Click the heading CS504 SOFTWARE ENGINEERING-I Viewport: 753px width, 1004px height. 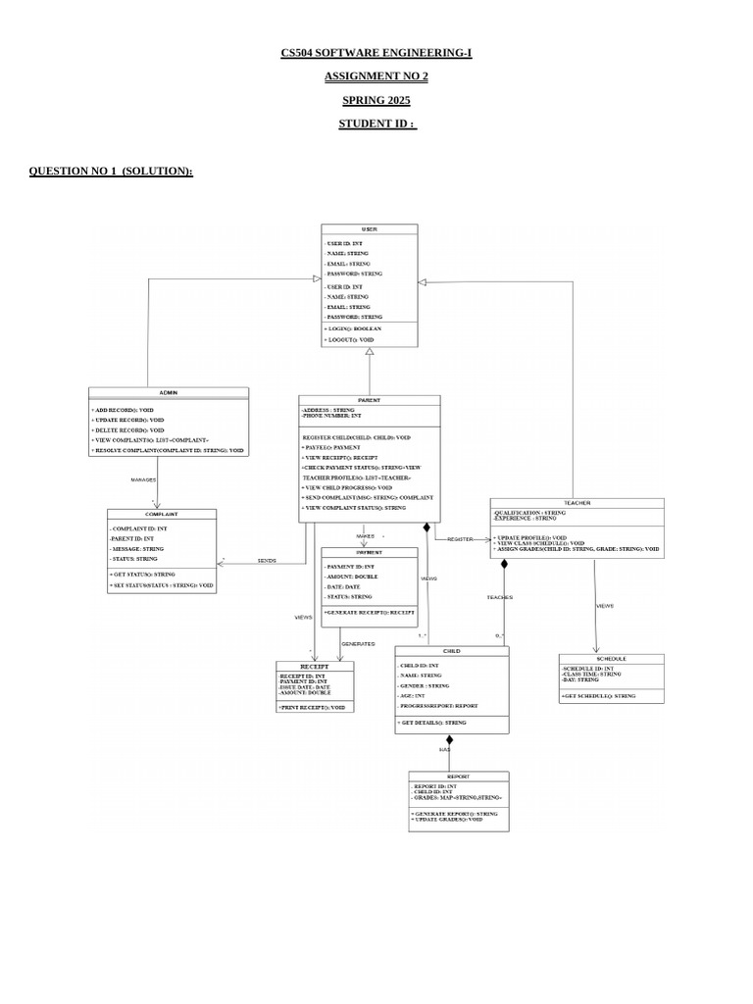tap(376, 51)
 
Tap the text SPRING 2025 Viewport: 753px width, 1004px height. tap(376, 100)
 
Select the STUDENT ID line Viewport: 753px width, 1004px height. tap(376, 125)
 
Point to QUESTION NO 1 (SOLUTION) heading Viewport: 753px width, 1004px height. tap(111, 171)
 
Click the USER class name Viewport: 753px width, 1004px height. tap(369, 229)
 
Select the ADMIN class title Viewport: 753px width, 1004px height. tap(168, 392)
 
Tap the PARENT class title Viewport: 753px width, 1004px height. tap(369, 400)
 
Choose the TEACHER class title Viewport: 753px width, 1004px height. tap(577, 503)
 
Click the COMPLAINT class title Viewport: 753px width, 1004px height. tap(160, 514)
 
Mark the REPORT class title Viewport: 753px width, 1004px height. tap(458, 776)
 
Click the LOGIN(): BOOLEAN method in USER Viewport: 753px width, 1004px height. tap(352, 329)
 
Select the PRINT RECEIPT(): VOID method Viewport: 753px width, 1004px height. tap(313, 706)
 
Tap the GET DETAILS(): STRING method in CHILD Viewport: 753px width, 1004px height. tap(432, 723)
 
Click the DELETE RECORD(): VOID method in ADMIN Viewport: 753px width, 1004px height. tap(128, 429)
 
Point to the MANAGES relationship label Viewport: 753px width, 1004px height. tap(145, 479)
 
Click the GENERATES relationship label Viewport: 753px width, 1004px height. tap(358, 644)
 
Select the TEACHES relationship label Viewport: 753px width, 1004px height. tap(499, 596)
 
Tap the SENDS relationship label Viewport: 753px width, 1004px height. tap(266, 560)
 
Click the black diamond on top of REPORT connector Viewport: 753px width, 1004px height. tap(450, 740)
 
